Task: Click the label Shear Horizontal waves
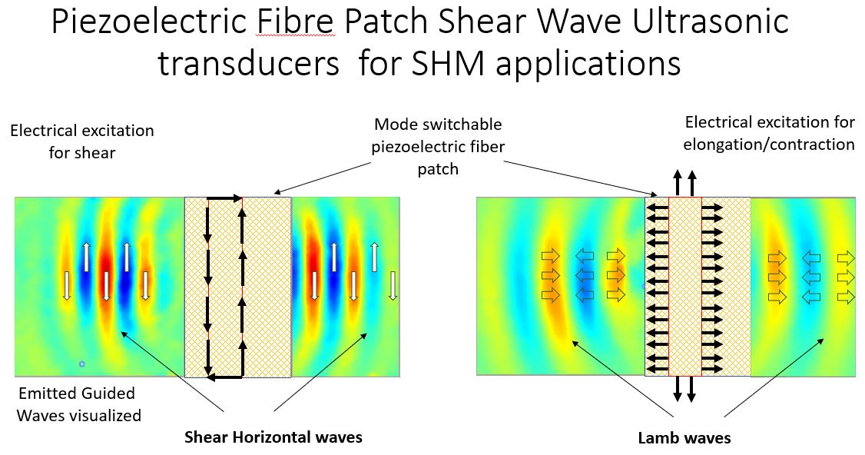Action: point(273,437)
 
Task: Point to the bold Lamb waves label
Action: point(684,438)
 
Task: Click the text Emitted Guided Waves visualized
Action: point(79,404)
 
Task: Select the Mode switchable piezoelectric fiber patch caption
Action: point(438,146)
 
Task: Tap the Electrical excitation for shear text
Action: point(82,141)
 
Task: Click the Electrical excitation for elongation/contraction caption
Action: point(769,133)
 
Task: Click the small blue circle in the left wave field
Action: point(82,364)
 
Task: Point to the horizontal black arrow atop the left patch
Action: point(225,198)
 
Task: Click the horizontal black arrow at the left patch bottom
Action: point(225,377)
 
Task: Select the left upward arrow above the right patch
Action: point(678,184)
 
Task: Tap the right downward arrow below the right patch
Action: point(691,389)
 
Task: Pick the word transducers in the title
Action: point(249,63)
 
